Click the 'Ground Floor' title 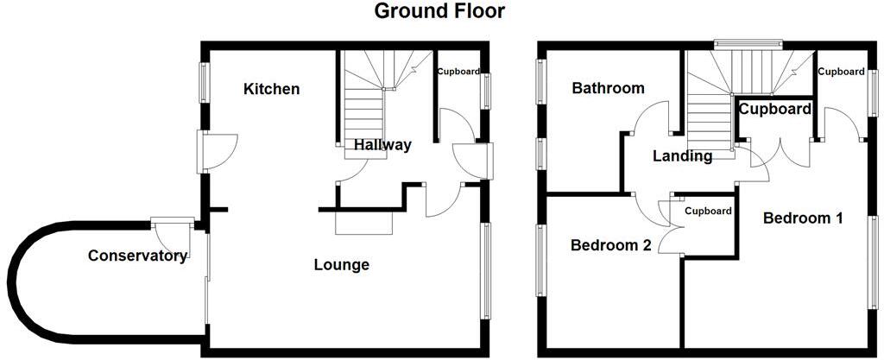pyautogui.click(x=439, y=12)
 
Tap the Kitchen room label pyautogui.click(x=271, y=89)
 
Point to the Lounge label pyautogui.click(x=341, y=265)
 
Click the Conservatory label pyautogui.click(x=138, y=256)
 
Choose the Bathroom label pyautogui.click(x=608, y=88)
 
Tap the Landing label pyautogui.click(x=682, y=156)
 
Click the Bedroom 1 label pyautogui.click(x=803, y=218)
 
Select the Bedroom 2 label pyautogui.click(x=610, y=245)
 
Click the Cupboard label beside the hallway pyautogui.click(x=458, y=72)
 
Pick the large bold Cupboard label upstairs pyautogui.click(x=774, y=110)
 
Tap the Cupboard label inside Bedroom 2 pyautogui.click(x=708, y=211)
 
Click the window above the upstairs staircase pyautogui.click(x=748, y=41)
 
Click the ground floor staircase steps pyautogui.click(x=363, y=112)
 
